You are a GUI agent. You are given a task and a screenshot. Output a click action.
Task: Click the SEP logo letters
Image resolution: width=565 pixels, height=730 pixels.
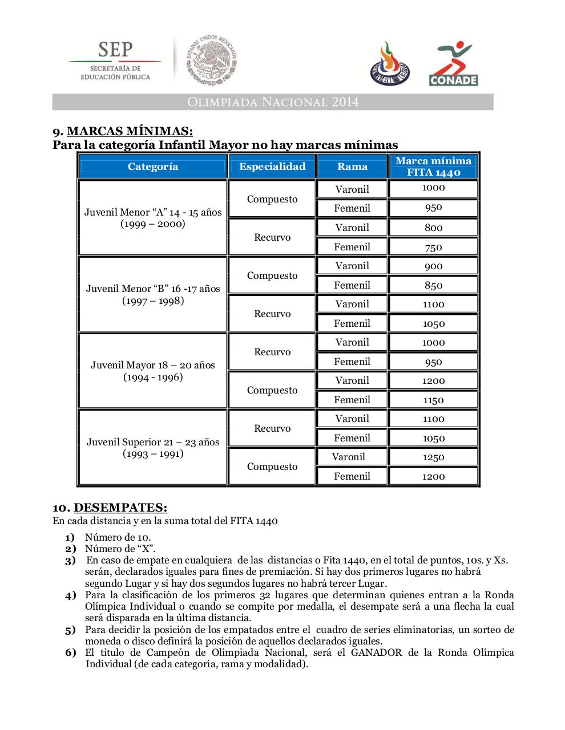pyautogui.click(x=115, y=49)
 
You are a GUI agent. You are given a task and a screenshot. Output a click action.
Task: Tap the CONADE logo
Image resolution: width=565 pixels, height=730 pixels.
pyautogui.click(x=454, y=64)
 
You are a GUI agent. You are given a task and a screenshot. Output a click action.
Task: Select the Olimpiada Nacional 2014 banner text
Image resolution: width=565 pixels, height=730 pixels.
pyautogui.click(x=272, y=102)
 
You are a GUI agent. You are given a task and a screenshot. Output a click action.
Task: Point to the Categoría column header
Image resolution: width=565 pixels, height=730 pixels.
pyautogui.click(x=152, y=167)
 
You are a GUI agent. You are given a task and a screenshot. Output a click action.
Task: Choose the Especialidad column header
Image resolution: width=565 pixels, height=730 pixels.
pyautogui.click(x=272, y=167)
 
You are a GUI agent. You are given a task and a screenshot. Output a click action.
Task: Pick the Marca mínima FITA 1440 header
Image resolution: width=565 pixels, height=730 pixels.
pyautogui.click(x=433, y=167)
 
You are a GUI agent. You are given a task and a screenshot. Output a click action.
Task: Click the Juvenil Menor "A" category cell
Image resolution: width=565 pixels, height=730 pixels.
pyautogui.click(x=153, y=218)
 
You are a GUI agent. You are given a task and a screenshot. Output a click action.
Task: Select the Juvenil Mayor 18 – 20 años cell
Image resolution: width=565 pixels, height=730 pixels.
pyautogui.click(x=153, y=371)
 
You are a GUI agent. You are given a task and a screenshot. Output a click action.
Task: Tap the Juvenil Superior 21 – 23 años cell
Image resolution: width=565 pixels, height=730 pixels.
pyautogui.click(x=153, y=448)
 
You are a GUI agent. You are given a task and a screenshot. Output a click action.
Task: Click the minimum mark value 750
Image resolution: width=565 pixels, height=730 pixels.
pyautogui.click(x=433, y=248)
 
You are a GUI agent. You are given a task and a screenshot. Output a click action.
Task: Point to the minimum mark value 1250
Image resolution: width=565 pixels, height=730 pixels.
pyautogui.click(x=433, y=457)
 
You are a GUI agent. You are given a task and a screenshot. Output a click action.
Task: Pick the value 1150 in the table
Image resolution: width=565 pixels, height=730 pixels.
pyautogui.click(x=433, y=400)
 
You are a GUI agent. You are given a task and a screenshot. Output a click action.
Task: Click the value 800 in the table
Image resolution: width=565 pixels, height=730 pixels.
pyautogui.click(x=433, y=228)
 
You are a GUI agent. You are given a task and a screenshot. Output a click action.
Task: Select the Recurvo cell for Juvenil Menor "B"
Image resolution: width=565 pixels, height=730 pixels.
pyautogui.click(x=272, y=314)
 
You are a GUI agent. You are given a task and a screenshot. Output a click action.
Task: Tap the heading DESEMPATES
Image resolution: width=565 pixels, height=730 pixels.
pyautogui.click(x=120, y=508)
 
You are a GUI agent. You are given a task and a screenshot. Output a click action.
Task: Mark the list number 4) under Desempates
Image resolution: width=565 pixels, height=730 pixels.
pyautogui.click(x=70, y=595)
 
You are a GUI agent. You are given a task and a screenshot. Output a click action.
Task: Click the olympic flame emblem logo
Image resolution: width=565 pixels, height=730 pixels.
pyautogui.click(x=390, y=64)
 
